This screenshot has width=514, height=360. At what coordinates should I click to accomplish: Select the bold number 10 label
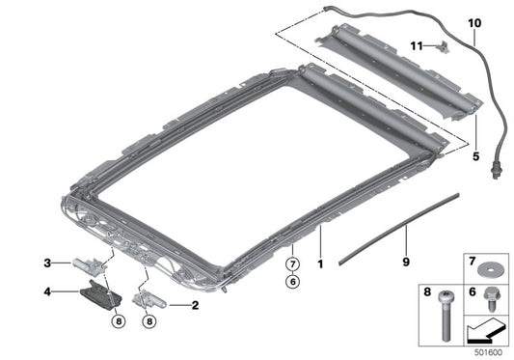[x=473, y=20]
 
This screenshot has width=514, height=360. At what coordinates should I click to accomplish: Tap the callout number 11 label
[x=418, y=44]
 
